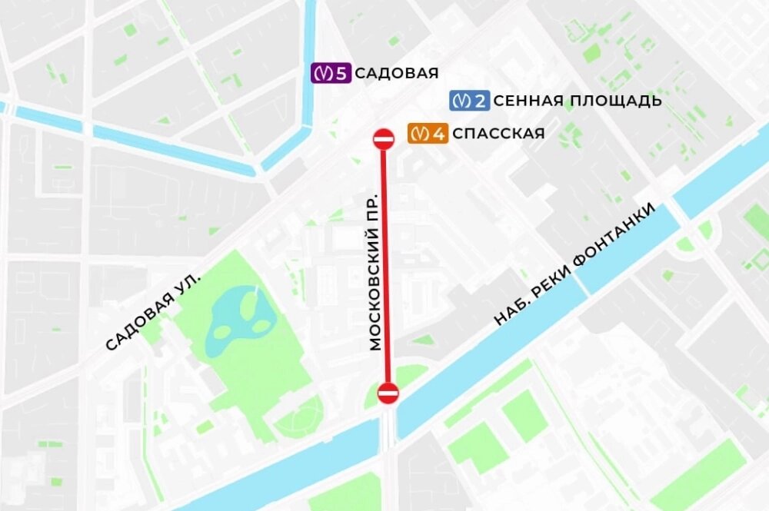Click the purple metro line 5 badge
click(331, 74)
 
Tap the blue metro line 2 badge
click(469, 101)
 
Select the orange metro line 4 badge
click(428, 134)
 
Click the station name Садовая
click(398, 74)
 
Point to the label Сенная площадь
click(577, 101)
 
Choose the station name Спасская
click(498, 134)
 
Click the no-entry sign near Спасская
click(384, 138)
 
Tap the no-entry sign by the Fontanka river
click(388, 394)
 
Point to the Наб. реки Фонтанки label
click(577, 265)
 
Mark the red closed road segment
click(387, 269)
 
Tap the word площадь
click(621, 101)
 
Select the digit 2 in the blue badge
click(481, 101)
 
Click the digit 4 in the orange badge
click(439, 134)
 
